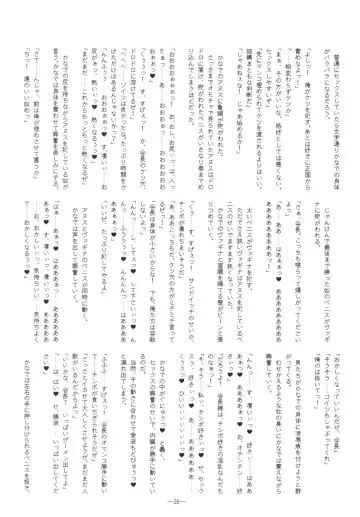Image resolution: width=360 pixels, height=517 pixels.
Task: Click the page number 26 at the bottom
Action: [180, 500]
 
